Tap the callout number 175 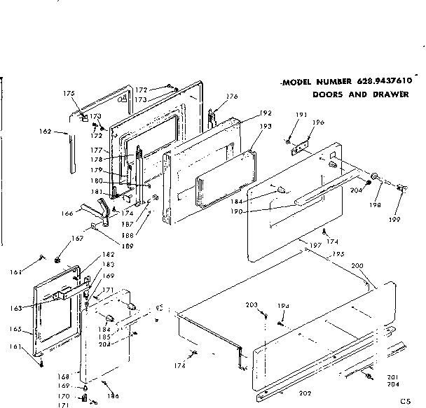pyautogui.click(x=69, y=93)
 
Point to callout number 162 pyautogui.click(x=43, y=130)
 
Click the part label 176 pyautogui.click(x=232, y=97)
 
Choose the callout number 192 pyautogui.click(x=266, y=113)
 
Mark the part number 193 pyautogui.click(x=266, y=127)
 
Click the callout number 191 pyautogui.click(x=302, y=115)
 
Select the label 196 pyautogui.click(x=318, y=122)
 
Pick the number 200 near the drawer pyautogui.click(x=357, y=267)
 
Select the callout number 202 pyautogui.click(x=305, y=393)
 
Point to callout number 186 pyautogui.click(x=111, y=396)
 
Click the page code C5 pyautogui.click(x=405, y=401)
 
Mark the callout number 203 pyautogui.click(x=252, y=304)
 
